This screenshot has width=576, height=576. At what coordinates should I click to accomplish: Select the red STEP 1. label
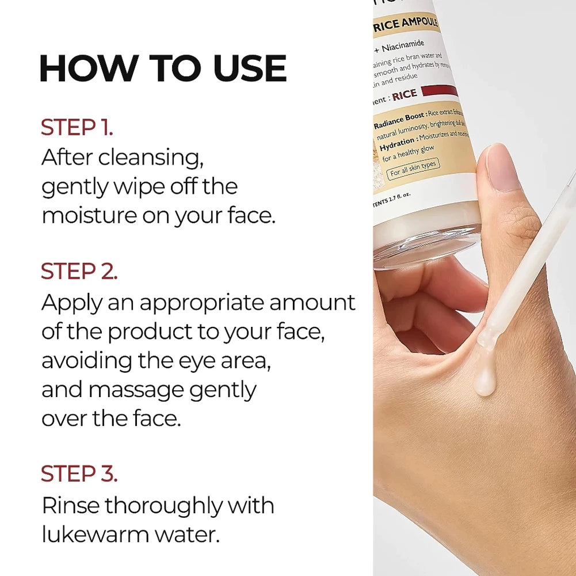[77, 128]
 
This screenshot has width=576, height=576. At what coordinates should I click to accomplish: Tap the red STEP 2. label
[79, 272]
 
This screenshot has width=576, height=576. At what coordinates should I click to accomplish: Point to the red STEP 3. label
[79, 474]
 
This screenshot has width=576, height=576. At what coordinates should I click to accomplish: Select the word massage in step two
[137, 390]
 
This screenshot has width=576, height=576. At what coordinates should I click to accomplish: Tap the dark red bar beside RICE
[440, 90]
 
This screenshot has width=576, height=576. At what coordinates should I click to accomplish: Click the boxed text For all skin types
[413, 169]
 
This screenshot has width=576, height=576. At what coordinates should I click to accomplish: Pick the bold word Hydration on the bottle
[397, 142]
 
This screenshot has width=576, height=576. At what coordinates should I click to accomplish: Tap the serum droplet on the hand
[485, 383]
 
